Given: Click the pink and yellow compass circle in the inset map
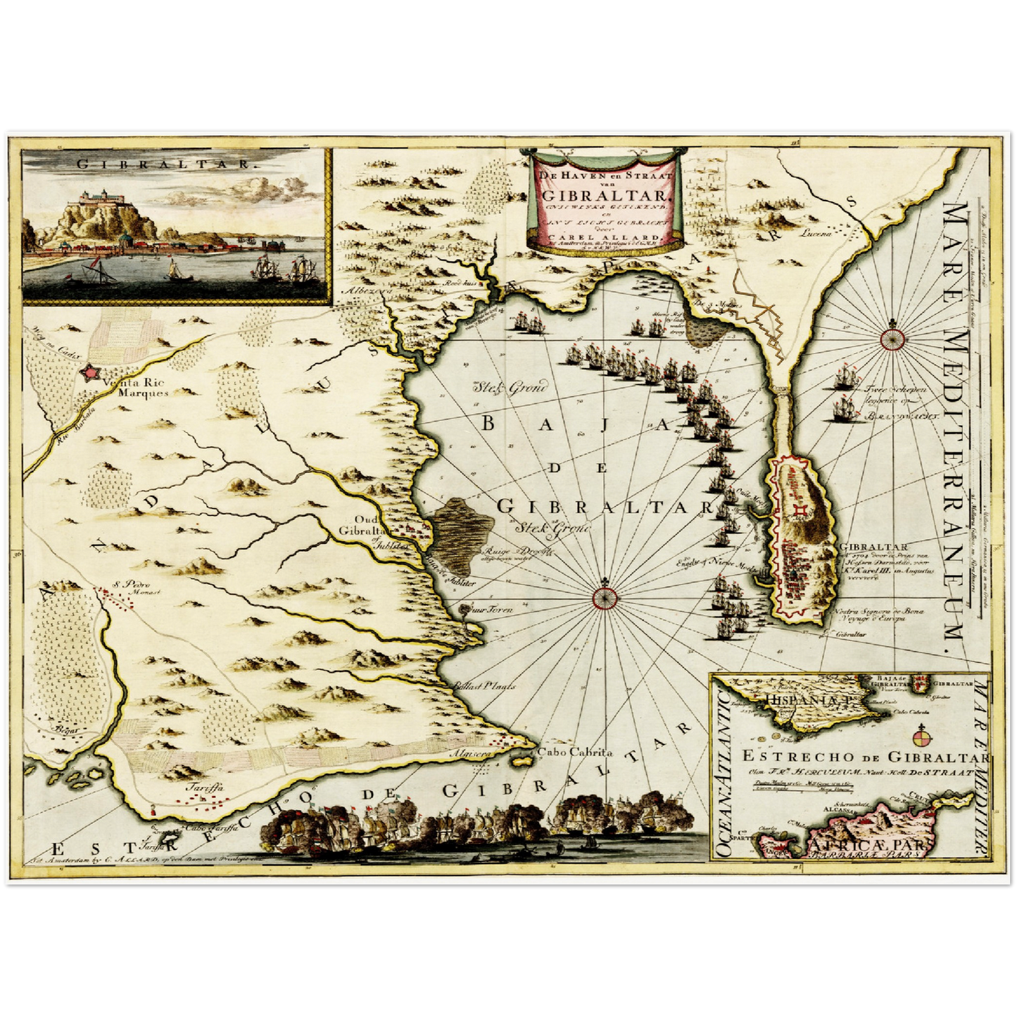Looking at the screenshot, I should click(922, 738).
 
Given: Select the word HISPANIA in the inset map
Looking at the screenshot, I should click(793, 700).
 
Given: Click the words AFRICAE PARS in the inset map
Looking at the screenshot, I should click(866, 847).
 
